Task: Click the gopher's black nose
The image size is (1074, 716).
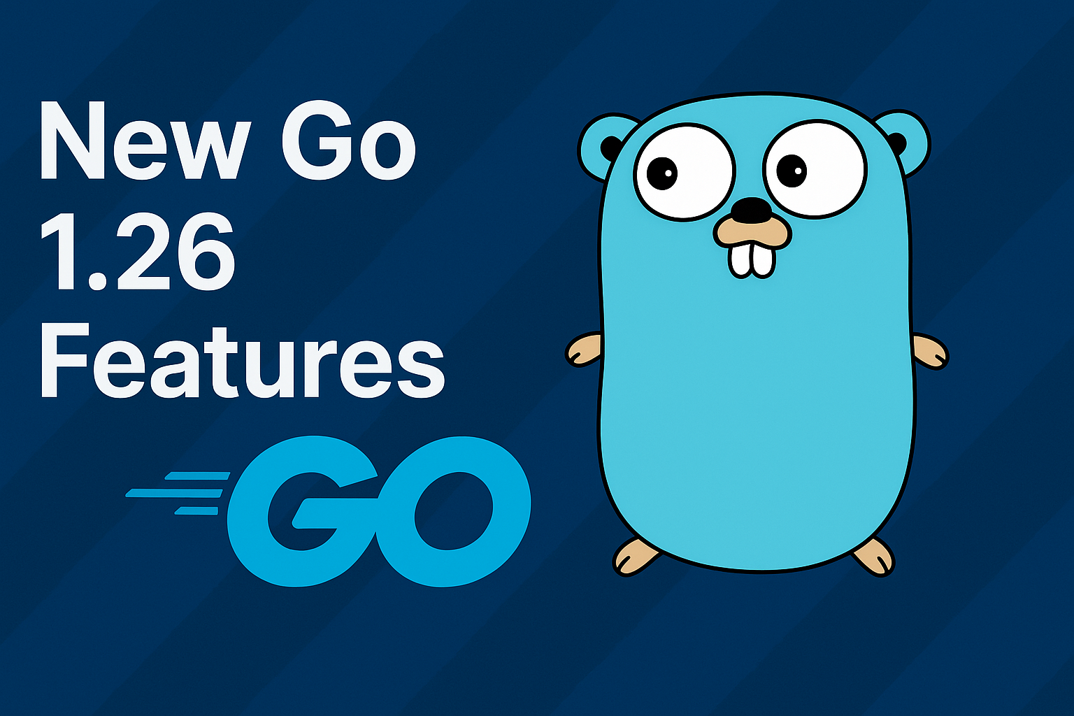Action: pos(751,208)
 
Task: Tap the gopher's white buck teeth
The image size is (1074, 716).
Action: pos(752,259)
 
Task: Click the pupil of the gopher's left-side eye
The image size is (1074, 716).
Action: pos(661,172)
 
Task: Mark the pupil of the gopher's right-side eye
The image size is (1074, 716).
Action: pos(792,170)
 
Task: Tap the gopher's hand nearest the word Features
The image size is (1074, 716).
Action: pos(585,349)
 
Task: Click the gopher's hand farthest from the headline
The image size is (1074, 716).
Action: pos(930,350)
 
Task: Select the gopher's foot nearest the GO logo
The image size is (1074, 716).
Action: pos(636,557)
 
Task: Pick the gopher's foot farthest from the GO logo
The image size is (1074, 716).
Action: pos(873,556)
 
